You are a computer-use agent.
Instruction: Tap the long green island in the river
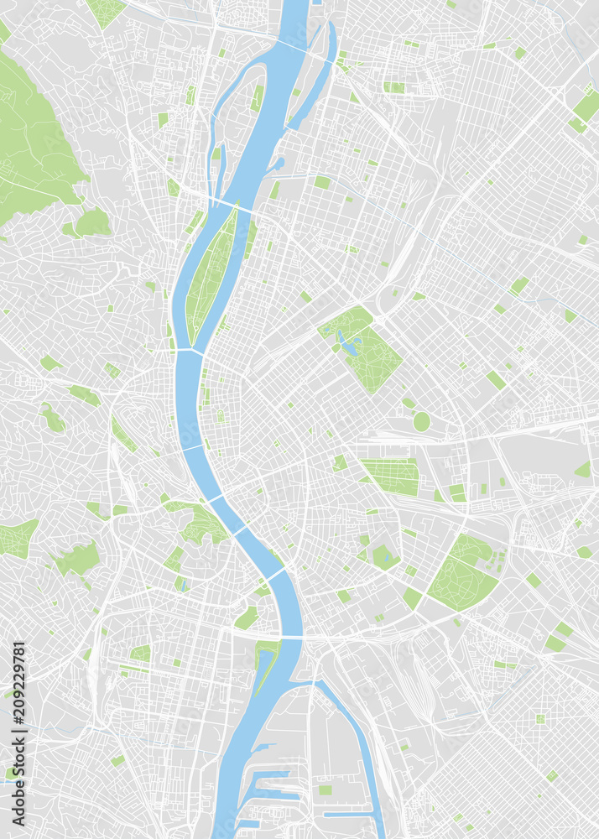tap(210, 273)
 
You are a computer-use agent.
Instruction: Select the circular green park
tap(421, 421)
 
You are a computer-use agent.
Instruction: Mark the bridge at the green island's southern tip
tap(190, 352)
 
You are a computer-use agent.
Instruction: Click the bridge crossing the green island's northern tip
tap(227, 204)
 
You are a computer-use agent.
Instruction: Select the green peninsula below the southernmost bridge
tap(266, 659)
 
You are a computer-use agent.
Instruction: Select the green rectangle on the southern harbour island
tap(325, 789)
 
